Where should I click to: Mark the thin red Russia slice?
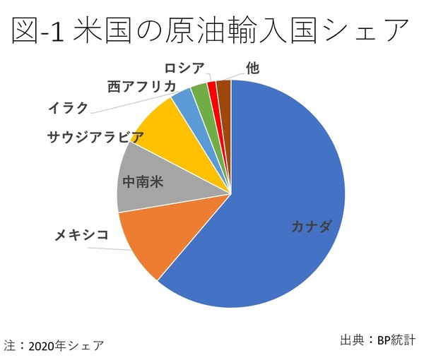[212, 90]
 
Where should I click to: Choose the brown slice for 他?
[224, 89]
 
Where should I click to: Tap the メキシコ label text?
[82, 234]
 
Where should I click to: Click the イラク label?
[68, 108]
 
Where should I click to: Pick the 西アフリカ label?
[142, 86]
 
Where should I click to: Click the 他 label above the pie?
[252, 67]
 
